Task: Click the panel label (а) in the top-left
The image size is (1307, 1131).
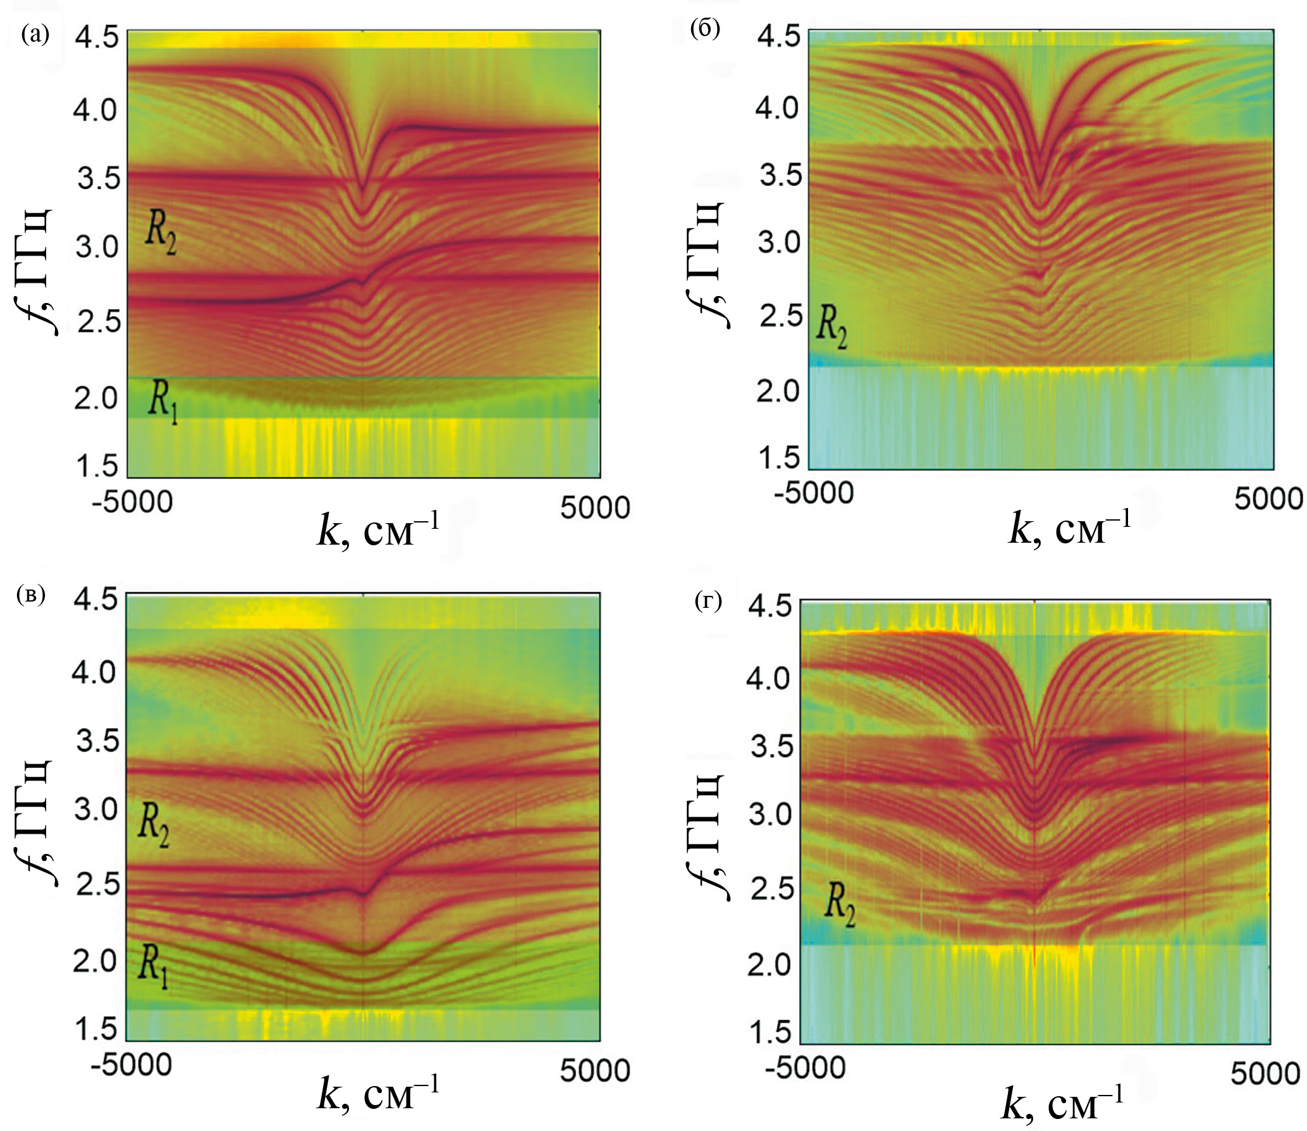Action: pyautogui.click(x=35, y=34)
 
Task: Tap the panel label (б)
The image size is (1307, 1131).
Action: pyautogui.click(x=706, y=29)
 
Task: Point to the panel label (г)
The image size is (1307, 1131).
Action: pyautogui.click(x=708, y=602)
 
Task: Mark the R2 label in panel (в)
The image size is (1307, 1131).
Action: pyautogui.click(x=154, y=827)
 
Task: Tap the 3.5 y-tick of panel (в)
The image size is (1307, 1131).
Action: pyautogui.click(x=97, y=740)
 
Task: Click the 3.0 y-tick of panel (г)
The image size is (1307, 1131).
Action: pyautogui.click(x=770, y=814)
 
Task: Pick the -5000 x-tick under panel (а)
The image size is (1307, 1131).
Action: pyautogui.click(x=132, y=503)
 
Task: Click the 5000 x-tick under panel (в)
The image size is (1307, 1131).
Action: pyautogui.click(x=595, y=1070)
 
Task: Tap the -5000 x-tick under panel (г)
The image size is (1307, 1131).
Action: pyautogui.click(x=805, y=1068)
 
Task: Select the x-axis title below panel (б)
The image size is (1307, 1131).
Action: pyautogui.click(x=1069, y=528)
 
